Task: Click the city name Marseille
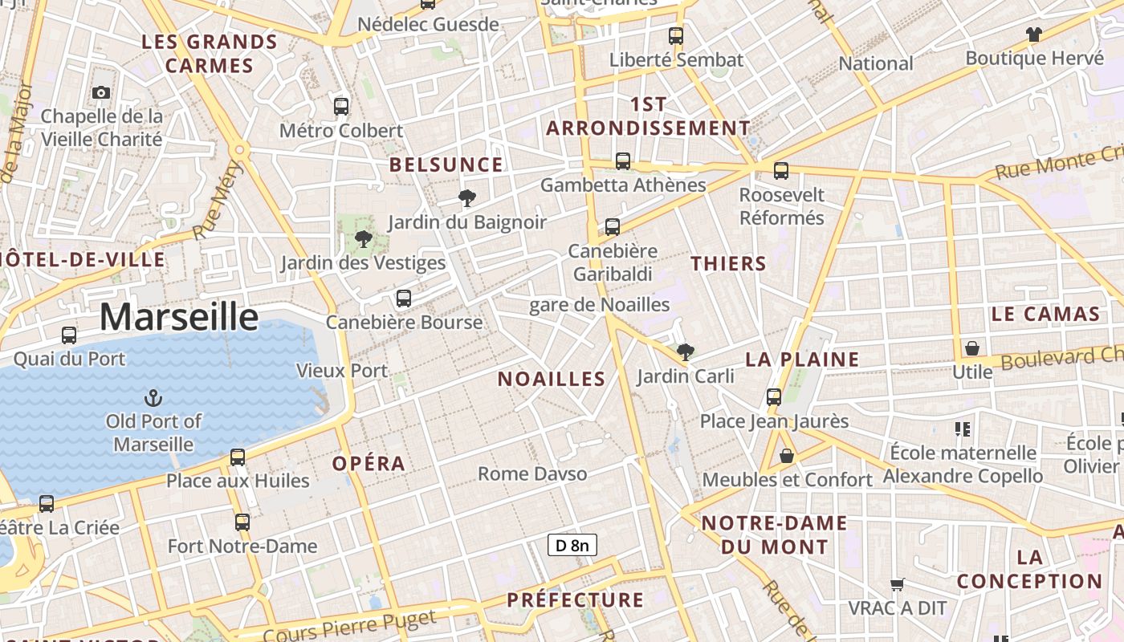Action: pyautogui.click(x=179, y=317)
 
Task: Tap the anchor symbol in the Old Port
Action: pyautogui.click(x=153, y=398)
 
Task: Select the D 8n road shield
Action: pyautogui.click(x=572, y=546)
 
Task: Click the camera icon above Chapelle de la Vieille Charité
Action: pyautogui.click(x=101, y=93)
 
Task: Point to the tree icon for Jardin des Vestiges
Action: pyautogui.click(x=363, y=238)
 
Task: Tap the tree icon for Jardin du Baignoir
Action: pyautogui.click(x=466, y=198)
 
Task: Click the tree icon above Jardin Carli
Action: pyautogui.click(x=685, y=351)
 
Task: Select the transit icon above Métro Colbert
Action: pyautogui.click(x=341, y=106)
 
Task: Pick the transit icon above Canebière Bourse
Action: pyautogui.click(x=404, y=299)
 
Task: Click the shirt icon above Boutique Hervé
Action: pyautogui.click(x=1033, y=35)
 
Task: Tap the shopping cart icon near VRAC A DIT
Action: pyautogui.click(x=898, y=584)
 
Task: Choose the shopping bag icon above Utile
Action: pyautogui.click(x=972, y=348)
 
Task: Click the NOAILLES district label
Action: pyautogui.click(x=552, y=379)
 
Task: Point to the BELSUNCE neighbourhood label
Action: pyautogui.click(x=446, y=165)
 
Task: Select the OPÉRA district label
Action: pyautogui.click(x=369, y=464)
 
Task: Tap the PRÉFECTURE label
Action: pyautogui.click(x=575, y=600)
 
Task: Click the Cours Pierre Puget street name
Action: pyautogui.click(x=349, y=626)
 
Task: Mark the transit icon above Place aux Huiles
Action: pyautogui.click(x=238, y=457)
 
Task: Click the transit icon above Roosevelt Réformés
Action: pyautogui.click(x=781, y=171)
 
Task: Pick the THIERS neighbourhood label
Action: pyautogui.click(x=728, y=263)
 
